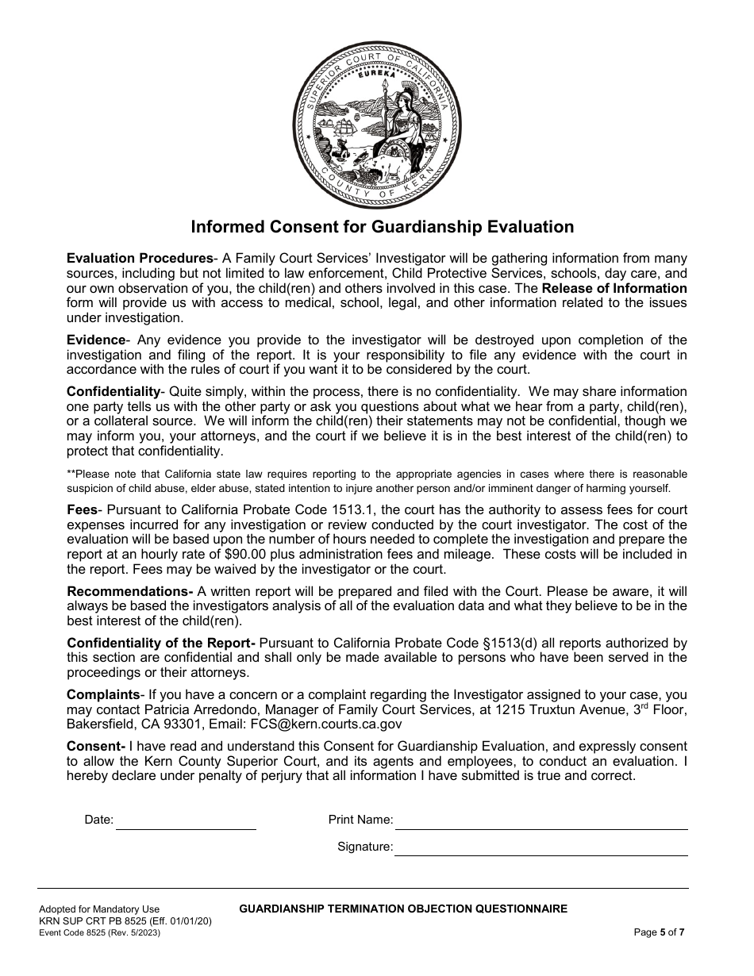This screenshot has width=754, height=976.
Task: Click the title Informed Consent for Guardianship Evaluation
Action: tap(382, 227)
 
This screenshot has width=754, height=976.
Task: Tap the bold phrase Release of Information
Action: tap(614, 288)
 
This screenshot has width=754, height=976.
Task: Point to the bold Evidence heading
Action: tap(96, 340)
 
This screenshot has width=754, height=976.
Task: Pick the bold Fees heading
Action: tap(82, 509)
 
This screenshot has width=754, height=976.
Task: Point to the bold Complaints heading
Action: tap(103, 694)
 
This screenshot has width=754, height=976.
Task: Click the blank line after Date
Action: tap(186, 822)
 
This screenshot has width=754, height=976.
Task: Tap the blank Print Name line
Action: tap(540, 822)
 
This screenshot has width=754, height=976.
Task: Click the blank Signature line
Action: tap(540, 848)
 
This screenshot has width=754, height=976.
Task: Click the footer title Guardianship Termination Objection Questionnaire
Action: tap(403, 909)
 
